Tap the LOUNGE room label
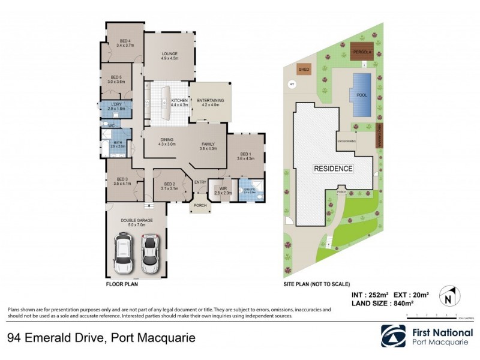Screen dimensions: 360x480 pyautogui.click(x=170, y=56)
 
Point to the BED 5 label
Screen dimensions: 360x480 pyautogui.click(x=116, y=79)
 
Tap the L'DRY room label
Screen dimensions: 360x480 pyautogui.click(x=116, y=106)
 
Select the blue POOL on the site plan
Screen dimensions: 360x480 pyautogui.click(x=362, y=94)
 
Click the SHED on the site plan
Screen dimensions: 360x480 pyautogui.click(x=304, y=70)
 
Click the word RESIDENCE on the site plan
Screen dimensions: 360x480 pyautogui.click(x=334, y=169)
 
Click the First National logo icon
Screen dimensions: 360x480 pyautogui.click(x=393, y=336)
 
